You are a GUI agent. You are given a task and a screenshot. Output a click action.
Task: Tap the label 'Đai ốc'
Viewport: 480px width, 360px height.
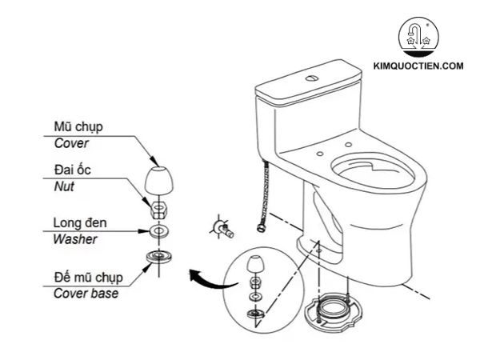tap(71, 170)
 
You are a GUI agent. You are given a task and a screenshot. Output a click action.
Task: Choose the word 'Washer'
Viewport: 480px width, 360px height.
tap(75, 238)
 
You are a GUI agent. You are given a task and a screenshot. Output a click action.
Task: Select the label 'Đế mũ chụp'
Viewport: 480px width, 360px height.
tap(88, 277)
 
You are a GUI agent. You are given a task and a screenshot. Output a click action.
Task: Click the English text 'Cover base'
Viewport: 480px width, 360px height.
tap(86, 293)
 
